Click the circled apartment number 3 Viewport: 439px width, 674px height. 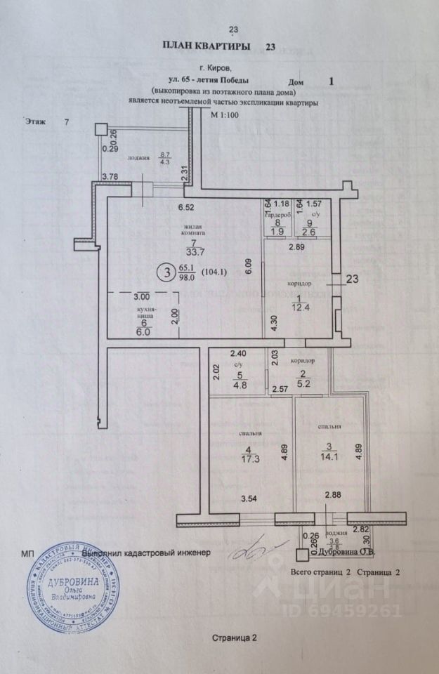[x=166, y=271]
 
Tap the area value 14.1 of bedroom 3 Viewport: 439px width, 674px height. [x=329, y=453]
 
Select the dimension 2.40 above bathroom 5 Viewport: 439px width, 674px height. [x=239, y=354]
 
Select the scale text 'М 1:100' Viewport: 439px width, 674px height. [x=225, y=116]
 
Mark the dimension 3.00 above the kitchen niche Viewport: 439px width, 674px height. [x=143, y=298]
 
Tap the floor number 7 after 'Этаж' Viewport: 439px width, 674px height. [x=67, y=121]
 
